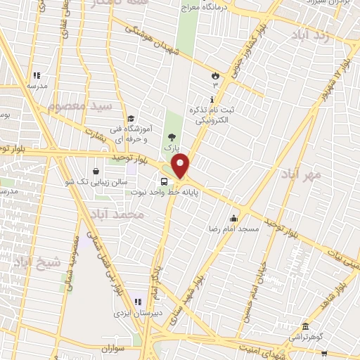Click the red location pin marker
[181, 167]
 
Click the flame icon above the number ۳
[215, 74]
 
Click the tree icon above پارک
[169, 137]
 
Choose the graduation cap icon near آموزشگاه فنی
[130, 119]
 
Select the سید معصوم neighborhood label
[79, 107]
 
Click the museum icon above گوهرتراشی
[304, 326]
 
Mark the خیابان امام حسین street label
[251, 288]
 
